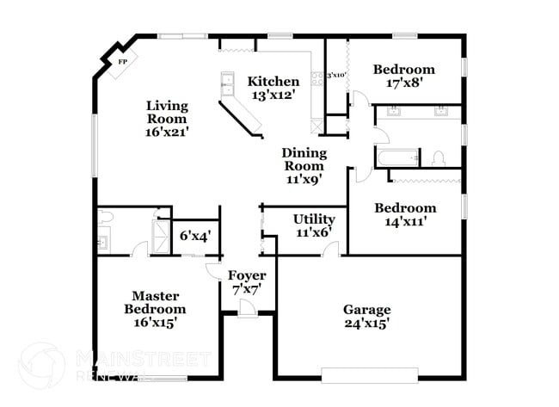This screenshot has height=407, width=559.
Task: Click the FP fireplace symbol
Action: point(122,63)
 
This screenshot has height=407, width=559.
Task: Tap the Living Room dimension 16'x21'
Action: point(166,133)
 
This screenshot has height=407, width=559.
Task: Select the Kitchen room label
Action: point(273,82)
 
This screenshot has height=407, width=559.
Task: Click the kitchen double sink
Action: point(228,84)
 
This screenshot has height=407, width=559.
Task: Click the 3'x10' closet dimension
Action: point(335,76)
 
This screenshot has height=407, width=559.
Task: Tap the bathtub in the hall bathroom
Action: point(396,157)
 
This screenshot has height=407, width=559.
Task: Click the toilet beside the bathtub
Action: point(438,158)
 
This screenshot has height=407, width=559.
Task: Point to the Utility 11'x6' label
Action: point(313,219)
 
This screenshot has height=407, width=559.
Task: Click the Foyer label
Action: point(246,275)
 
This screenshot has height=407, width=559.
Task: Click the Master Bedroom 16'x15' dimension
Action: point(155,323)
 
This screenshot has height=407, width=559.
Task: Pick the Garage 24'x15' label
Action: point(366,310)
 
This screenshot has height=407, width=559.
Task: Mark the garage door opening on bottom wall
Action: point(370,375)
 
